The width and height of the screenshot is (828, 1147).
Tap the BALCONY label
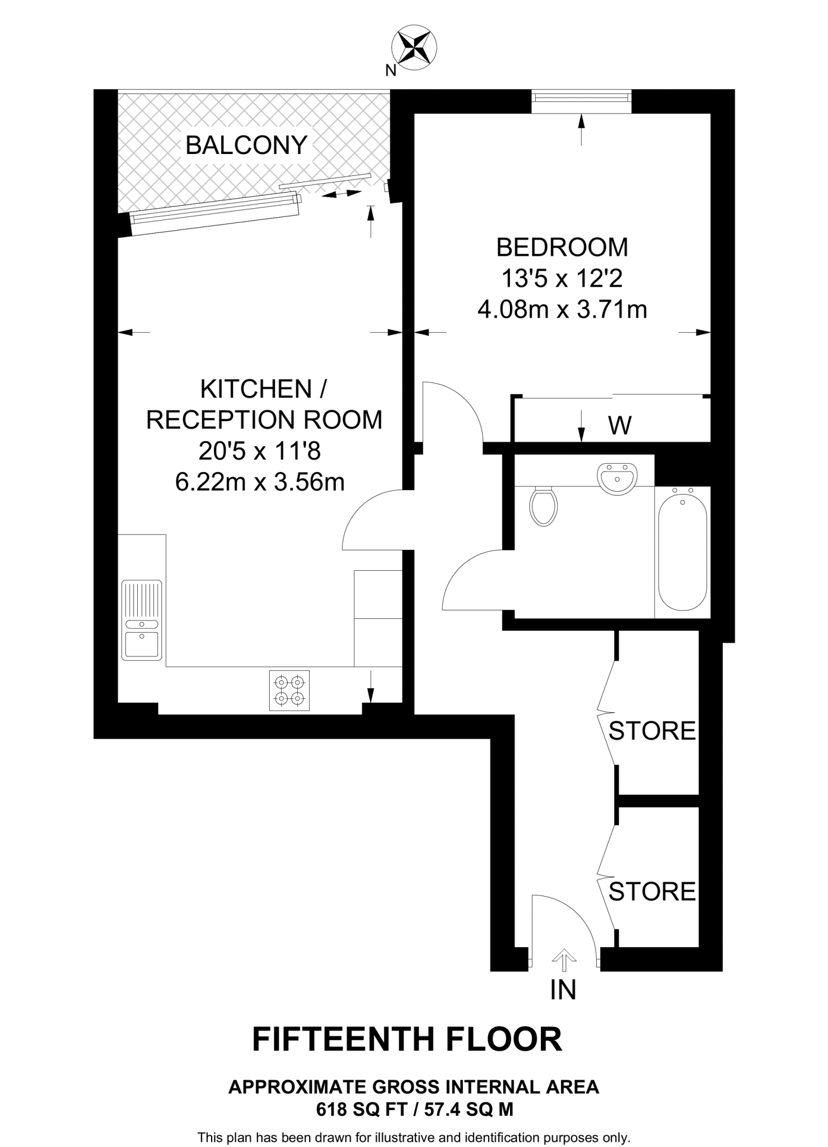[x=246, y=146]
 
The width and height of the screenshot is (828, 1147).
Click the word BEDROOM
[x=562, y=248]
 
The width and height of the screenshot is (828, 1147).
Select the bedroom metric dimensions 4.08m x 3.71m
[x=562, y=309]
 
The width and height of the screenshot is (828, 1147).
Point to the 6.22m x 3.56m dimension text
[x=260, y=482]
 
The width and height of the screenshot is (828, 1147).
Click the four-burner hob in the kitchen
[x=289, y=690]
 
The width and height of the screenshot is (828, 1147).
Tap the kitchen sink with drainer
[x=142, y=619]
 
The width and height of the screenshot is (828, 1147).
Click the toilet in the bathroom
[x=543, y=505]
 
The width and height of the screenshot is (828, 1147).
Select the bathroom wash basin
[x=616, y=478]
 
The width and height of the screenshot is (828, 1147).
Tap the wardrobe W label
[x=620, y=426]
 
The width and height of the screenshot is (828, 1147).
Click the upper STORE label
[x=652, y=731]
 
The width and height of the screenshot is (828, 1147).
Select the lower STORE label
[x=652, y=892]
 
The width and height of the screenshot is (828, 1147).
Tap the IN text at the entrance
[x=563, y=990]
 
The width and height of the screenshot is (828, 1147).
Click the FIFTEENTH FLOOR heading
[x=407, y=1040]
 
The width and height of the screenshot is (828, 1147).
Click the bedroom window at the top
[x=581, y=97]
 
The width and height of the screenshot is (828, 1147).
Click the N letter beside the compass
[x=391, y=71]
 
